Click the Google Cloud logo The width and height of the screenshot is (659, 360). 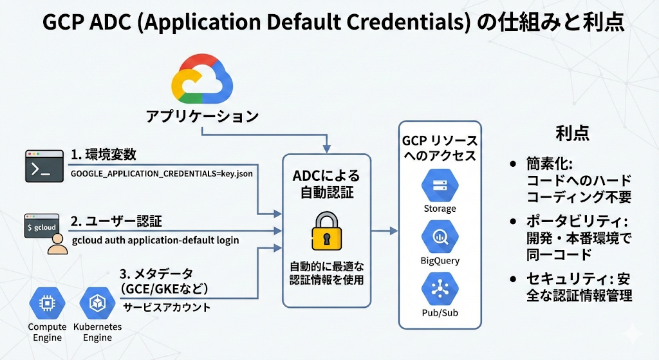coord(201,80)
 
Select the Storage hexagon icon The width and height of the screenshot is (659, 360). coord(440,185)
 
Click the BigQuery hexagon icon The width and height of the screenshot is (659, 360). coord(440,237)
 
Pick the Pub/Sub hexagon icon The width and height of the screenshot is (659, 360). coord(440,289)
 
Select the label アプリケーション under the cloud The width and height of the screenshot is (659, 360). coord(202,117)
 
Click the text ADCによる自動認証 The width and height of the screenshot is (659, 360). coord(326,183)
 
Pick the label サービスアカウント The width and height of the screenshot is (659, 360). coord(167,307)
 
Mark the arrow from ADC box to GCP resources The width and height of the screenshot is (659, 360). coord(384,230)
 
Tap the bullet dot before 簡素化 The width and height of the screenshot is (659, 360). coord(513,164)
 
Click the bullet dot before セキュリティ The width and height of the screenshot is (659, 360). coord(513,279)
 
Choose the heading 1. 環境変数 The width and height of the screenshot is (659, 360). coord(104,155)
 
